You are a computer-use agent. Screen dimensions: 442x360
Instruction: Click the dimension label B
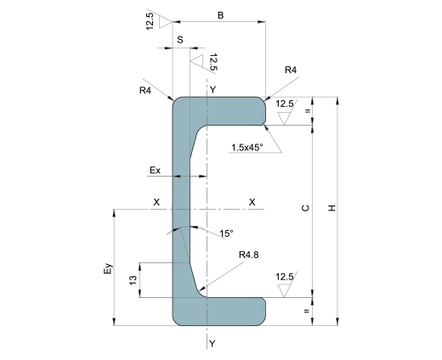(x=220, y=15)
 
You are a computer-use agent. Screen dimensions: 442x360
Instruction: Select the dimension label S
(x=180, y=40)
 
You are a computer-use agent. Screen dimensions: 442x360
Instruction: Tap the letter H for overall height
(x=331, y=208)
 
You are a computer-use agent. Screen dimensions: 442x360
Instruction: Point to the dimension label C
(x=305, y=208)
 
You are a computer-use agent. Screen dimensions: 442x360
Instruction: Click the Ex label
(x=155, y=171)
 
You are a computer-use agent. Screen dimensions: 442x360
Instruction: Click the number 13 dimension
(x=133, y=280)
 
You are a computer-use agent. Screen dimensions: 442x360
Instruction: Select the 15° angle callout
(x=227, y=233)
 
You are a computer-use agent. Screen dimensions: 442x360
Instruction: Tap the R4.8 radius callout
(x=249, y=255)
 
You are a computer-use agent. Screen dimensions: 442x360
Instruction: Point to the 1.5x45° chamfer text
(x=247, y=148)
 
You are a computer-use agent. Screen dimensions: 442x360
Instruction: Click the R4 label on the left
(x=145, y=90)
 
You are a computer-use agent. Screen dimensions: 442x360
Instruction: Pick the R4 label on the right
(x=291, y=70)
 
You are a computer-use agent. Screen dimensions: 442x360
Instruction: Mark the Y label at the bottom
(x=212, y=344)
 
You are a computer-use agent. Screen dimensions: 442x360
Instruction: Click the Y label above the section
(x=213, y=90)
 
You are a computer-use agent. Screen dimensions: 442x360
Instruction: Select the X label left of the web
(x=156, y=202)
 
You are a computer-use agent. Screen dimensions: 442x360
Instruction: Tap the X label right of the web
(x=252, y=202)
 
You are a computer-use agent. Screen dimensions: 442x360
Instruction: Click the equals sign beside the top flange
(x=307, y=111)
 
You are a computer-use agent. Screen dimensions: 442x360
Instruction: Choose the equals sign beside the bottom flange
(x=307, y=311)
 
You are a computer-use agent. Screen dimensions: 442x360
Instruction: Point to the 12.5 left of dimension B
(x=150, y=21)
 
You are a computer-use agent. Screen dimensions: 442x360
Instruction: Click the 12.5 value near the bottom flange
(x=285, y=277)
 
